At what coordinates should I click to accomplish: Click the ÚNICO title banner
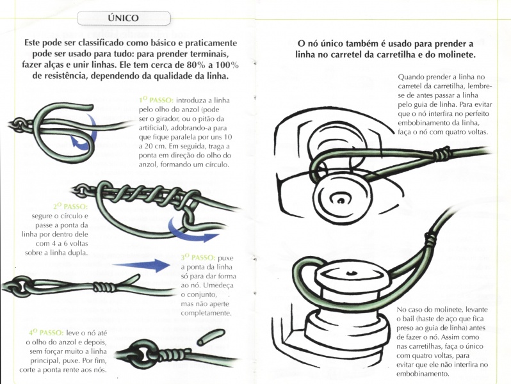point(124,19)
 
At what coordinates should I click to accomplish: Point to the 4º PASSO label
point(46,333)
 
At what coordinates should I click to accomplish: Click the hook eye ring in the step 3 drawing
point(21,283)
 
